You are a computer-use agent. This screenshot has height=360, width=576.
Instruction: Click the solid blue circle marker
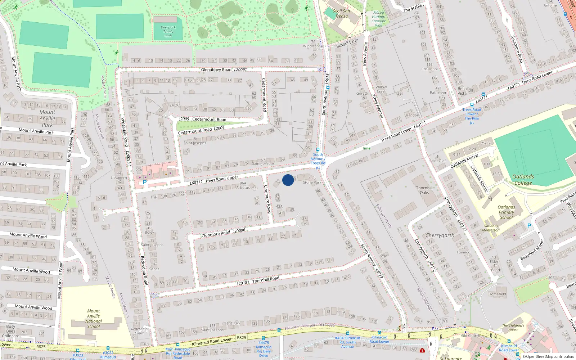click(x=288, y=180)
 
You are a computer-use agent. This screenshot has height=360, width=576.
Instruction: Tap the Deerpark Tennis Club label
click(x=168, y=32)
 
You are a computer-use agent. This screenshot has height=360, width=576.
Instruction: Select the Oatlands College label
click(x=523, y=180)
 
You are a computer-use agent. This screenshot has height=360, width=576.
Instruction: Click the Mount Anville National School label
click(x=94, y=319)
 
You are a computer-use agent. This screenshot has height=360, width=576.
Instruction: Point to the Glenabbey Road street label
click(x=216, y=69)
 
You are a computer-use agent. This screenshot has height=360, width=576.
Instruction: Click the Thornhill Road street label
click(x=266, y=279)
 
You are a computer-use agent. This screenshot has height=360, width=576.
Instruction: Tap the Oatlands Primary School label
click(x=506, y=212)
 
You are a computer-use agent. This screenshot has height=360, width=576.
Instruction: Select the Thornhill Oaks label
click(x=424, y=190)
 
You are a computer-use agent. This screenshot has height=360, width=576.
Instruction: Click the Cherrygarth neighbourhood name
click(x=440, y=235)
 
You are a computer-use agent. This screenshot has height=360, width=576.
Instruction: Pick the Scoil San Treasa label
click(x=341, y=13)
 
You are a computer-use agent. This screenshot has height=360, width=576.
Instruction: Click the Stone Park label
click(x=312, y=183)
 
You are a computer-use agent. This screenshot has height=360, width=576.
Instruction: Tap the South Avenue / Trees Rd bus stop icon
click(x=318, y=150)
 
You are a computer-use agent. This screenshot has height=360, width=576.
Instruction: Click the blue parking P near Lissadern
click(x=145, y=182)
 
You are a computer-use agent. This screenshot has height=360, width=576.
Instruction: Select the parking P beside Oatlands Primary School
click(x=529, y=226)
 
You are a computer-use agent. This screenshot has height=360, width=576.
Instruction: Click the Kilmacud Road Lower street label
click(x=212, y=341)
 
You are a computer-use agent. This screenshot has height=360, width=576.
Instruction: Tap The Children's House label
click(x=513, y=328)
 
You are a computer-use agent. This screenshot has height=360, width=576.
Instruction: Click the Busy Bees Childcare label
click(x=11, y=331)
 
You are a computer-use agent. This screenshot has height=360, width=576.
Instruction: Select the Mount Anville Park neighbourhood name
click(x=47, y=118)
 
